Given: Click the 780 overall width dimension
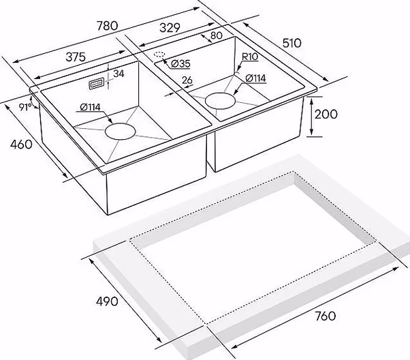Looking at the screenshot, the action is tap(108, 26).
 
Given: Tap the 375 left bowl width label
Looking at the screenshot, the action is tap(76, 57).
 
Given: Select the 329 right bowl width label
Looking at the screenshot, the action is tap(170, 28).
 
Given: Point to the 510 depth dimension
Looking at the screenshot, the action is tap(291, 43).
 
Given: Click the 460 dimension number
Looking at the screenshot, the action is tap(21, 145).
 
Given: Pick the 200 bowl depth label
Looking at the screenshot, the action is tap(326, 114).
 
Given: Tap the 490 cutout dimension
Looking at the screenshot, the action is tap(107, 301).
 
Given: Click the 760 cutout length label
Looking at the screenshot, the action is tap(325, 316).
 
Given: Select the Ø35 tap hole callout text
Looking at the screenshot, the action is tap(180, 63).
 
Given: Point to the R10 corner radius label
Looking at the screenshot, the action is tap(250, 57).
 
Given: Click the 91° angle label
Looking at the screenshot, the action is tap(25, 107).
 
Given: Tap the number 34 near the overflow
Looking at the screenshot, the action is tap(119, 74).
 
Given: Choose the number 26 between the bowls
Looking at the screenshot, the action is tap(187, 80).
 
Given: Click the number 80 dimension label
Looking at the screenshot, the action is tap(217, 35).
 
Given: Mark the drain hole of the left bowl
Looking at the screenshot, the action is tap(121, 131).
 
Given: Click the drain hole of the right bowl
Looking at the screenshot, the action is tap(221, 101).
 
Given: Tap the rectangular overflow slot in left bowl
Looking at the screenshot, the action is tap(97, 85).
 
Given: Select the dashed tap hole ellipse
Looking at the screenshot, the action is tap(159, 55).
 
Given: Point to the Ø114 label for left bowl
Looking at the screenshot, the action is tap(90, 107).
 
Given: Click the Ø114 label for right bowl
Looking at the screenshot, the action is tap(255, 78).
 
